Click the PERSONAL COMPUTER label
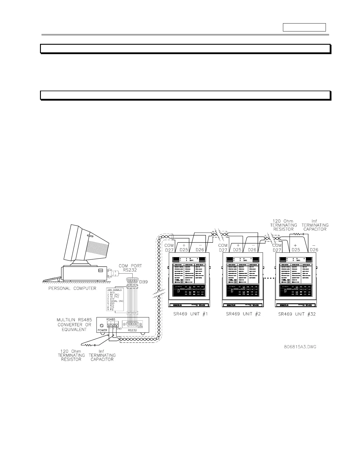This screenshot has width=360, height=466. point(72,288)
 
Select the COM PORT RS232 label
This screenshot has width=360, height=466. point(130,268)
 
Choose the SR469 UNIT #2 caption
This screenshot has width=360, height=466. point(243,314)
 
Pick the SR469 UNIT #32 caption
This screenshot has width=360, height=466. point(297,314)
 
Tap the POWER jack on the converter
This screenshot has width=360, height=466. point(102,325)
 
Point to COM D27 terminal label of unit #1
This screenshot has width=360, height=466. point(169,247)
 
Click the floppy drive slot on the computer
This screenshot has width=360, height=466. point(101,270)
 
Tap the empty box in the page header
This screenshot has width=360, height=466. point(304,27)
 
